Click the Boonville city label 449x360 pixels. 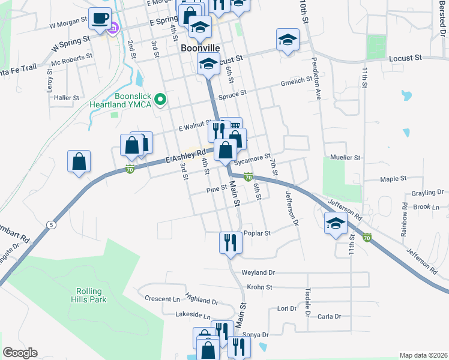click(x=199, y=47)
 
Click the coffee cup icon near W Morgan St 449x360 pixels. click(x=100, y=17)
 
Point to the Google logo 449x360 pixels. click(x=20, y=353)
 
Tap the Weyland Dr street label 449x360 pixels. click(x=258, y=272)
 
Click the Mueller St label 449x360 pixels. click(x=345, y=157)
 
